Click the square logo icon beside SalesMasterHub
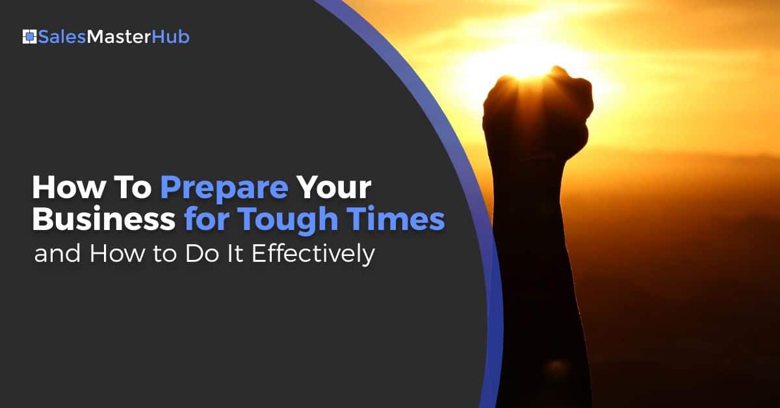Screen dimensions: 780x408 (x=30, y=37)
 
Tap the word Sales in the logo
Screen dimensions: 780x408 (x=62, y=37)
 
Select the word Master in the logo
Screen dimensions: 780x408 (x=119, y=37)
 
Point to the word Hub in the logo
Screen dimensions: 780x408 (x=170, y=37)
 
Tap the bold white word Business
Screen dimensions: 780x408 (x=104, y=219)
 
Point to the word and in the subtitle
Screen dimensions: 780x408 (x=57, y=253)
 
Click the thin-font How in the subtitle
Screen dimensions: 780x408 (x=117, y=253)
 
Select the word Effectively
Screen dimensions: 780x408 (x=313, y=255)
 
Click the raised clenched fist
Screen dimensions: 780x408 (x=538, y=111)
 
